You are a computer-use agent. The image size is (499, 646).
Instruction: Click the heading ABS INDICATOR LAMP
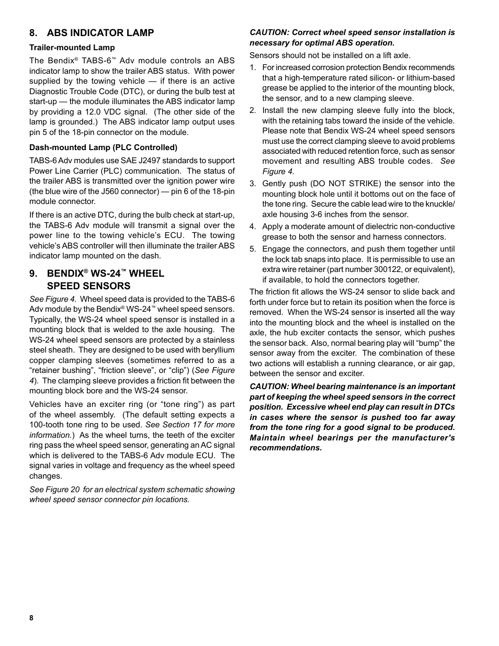click(100, 33)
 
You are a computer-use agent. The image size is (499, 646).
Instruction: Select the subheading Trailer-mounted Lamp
click(72, 48)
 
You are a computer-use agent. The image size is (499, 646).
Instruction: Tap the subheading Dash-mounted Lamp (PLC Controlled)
click(103, 147)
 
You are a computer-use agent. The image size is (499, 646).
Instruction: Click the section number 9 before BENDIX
click(33, 274)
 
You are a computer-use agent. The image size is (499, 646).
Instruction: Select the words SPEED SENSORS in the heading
click(88, 286)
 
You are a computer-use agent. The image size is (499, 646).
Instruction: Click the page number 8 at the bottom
click(31, 618)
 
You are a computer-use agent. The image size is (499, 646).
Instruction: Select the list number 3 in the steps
click(253, 184)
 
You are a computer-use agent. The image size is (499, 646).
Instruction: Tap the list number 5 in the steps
click(253, 249)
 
